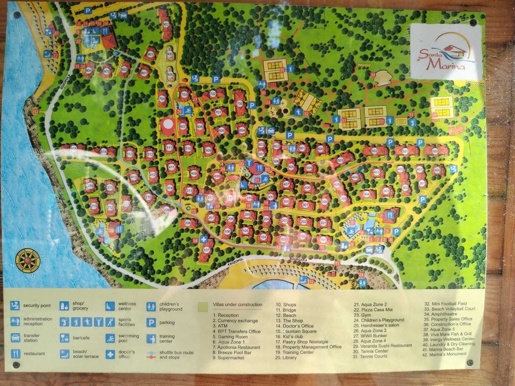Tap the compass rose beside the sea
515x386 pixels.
tap(28, 260)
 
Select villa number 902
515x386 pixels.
tap(166, 24)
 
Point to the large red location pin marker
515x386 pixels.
tap(168, 126)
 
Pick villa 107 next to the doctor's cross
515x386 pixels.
tap(205, 250)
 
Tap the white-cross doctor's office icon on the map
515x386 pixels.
tap(204, 239)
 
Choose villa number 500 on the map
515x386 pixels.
tap(437, 151)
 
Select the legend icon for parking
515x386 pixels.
tap(151, 323)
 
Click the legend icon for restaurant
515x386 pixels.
tap(15, 353)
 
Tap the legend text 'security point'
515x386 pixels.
tap(38, 305)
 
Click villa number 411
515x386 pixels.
tap(171, 167)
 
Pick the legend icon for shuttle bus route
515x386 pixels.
tap(151, 353)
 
